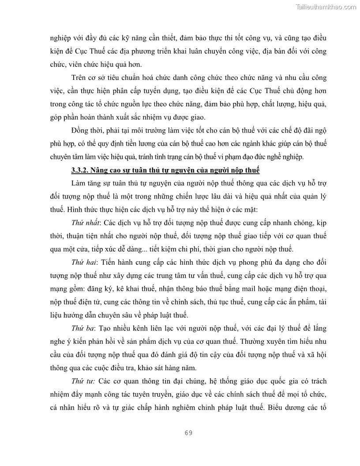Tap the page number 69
pyautogui.click(x=188, y=432)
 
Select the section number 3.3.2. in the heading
pyautogui.click(x=81, y=170)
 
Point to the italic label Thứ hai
pyautogui.click(x=84, y=263)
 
